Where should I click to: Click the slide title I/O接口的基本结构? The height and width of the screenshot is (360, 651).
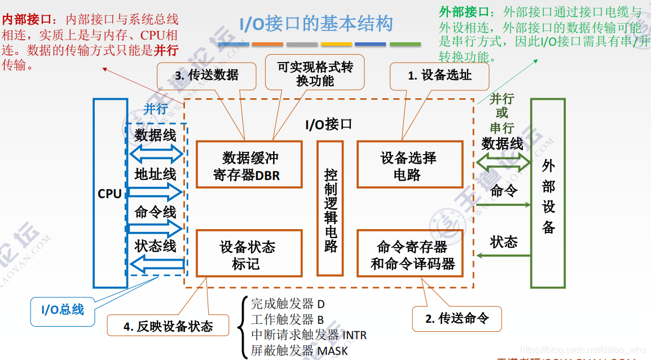(x=316, y=25)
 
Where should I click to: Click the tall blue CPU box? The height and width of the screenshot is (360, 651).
(x=110, y=194)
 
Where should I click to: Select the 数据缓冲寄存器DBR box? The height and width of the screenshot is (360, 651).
(x=249, y=165)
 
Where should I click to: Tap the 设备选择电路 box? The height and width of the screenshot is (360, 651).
(x=410, y=165)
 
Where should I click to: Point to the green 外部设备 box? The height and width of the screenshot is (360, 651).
(x=548, y=194)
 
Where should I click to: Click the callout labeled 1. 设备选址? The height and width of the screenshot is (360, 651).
(x=439, y=76)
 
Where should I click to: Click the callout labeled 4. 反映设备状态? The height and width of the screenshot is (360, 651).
(x=168, y=326)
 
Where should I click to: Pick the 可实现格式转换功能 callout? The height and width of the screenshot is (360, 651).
(x=315, y=73)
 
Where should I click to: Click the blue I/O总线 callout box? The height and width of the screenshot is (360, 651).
(x=62, y=309)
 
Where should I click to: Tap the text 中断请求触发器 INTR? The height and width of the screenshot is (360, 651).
(x=309, y=335)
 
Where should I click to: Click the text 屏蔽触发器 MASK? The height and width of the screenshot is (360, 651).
(x=299, y=350)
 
